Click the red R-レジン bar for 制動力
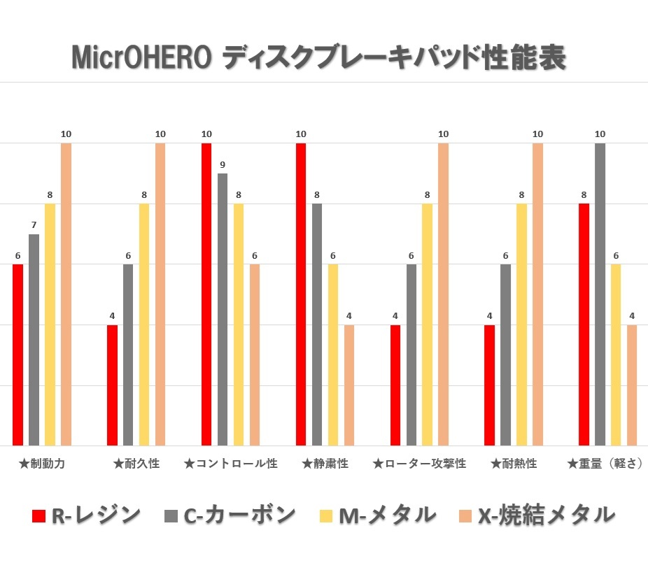coord(17,355)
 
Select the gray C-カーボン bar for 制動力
coord(34,340)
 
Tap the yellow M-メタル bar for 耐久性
coord(144,325)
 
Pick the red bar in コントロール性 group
coord(206,294)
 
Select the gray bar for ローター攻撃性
coord(411,355)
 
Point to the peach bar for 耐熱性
coord(537,294)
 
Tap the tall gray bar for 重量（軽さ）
coord(600,294)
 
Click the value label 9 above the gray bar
coord(223,165)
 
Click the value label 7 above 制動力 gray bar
coord(34,226)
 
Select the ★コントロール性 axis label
coord(230,464)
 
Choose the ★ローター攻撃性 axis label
coord(419,464)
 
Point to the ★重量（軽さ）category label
coord(605,464)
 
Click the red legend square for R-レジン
coord(39,517)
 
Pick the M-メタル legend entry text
coord(387,515)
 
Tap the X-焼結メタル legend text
coord(547,515)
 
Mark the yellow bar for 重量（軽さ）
coord(616,355)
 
